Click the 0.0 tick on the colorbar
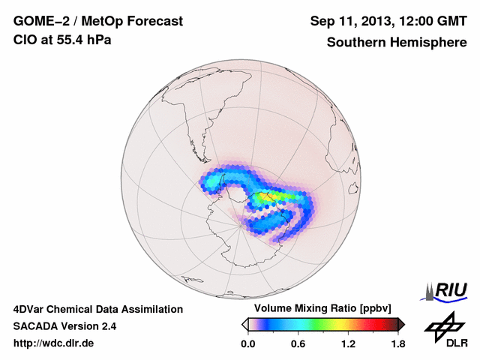point(248,343)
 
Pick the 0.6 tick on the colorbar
point(298,343)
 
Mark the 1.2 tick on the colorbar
point(348,343)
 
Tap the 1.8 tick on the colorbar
point(397,343)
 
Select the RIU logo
point(448,290)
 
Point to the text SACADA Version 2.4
point(64,326)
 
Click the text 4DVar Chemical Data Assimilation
point(97,309)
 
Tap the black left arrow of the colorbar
point(244,324)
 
